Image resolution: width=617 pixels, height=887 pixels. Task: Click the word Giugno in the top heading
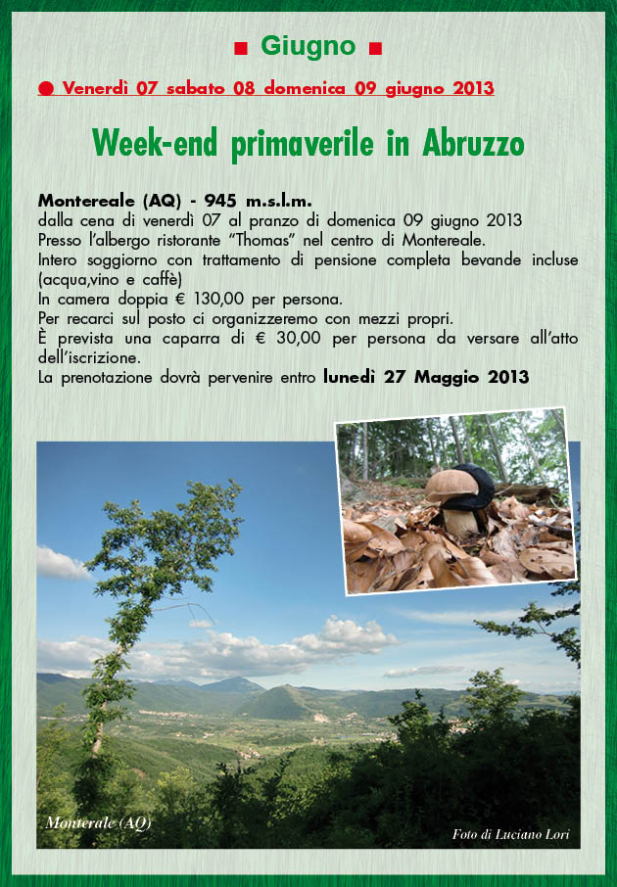tap(308, 47)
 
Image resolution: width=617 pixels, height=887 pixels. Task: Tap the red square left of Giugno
tap(241, 49)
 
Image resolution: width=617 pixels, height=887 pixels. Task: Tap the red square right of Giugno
tap(375, 49)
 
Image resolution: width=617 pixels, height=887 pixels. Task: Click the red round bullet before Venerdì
tap(46, 89)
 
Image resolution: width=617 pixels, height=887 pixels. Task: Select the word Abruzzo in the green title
tap(473, 144)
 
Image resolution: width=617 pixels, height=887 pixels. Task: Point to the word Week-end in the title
tap(155, 143)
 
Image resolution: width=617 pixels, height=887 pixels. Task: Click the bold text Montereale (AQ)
tap(110, 201)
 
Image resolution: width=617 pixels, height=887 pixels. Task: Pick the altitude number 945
tap(220, 201)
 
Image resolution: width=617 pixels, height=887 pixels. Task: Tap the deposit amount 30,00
tap(299, 338)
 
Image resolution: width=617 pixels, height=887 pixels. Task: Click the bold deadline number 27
tap(395, 377)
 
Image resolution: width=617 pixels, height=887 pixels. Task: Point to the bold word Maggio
tap(447, 377)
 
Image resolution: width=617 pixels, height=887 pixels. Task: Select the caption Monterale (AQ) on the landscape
tap(99, 823)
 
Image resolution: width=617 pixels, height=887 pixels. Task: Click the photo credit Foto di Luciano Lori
tap(510, 834)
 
